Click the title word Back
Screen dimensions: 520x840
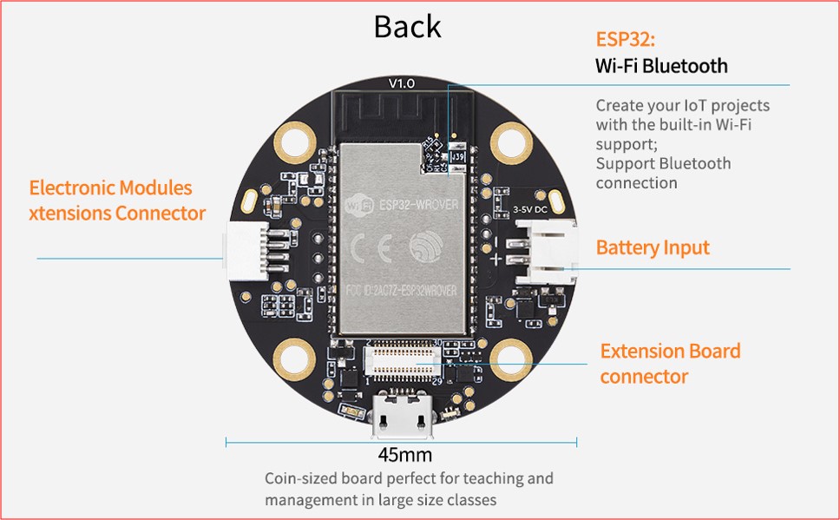[x=407, y=26]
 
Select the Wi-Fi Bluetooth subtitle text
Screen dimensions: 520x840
[x=661, y=66]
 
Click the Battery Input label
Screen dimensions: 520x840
[x=653, y=247]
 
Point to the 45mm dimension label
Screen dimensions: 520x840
[x=404, y=455]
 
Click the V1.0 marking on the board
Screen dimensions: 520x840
[x=402, y=83]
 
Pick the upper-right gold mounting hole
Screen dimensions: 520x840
[x=510, y=138]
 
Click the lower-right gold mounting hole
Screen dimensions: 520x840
[x=510, y=356]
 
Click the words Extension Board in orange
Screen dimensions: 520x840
[x=670, y=352]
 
